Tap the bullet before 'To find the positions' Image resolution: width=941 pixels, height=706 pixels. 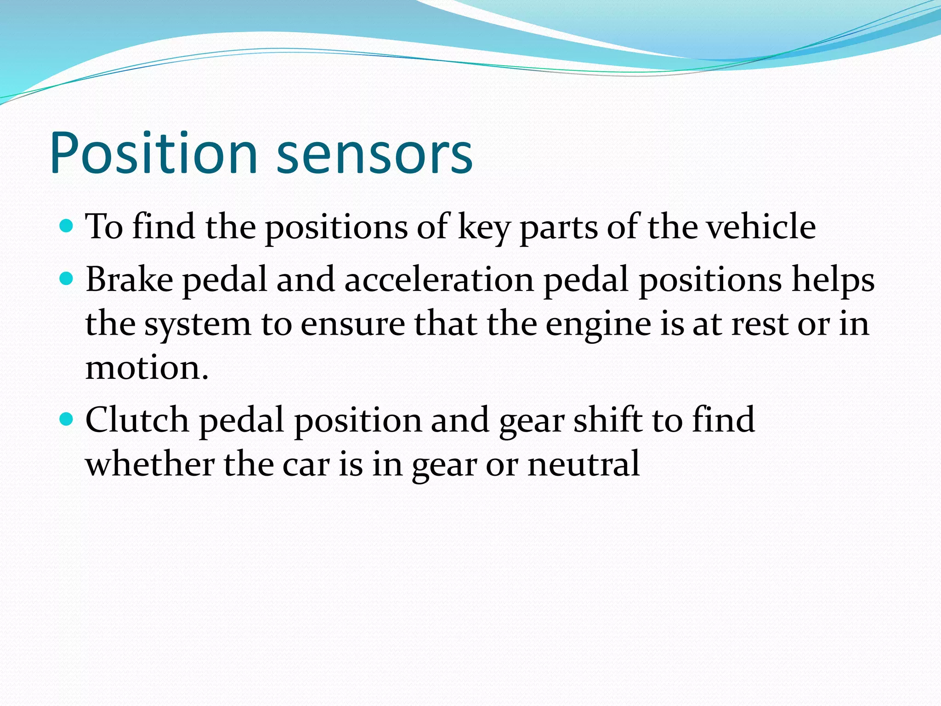tap(67, 226)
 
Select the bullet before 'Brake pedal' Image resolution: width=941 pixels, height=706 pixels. tap(67, 279)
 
